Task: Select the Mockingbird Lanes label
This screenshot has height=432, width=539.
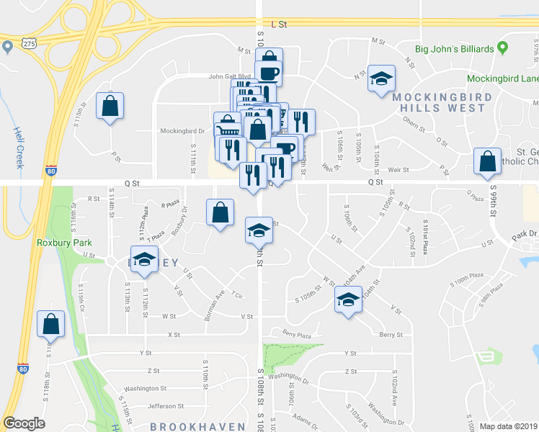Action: [502, 78]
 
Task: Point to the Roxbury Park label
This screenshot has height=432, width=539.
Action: [61, 242]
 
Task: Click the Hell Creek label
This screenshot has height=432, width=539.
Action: [18, 148]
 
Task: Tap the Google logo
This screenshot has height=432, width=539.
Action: [24, 423]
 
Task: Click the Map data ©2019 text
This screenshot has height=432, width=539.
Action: [509, 426]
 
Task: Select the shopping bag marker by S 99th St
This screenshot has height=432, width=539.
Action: [487, 161]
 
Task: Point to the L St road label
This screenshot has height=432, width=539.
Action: [279, 24]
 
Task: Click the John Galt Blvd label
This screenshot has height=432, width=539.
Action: [229, 76]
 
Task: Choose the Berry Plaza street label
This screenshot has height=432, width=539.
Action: [296, 335]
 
